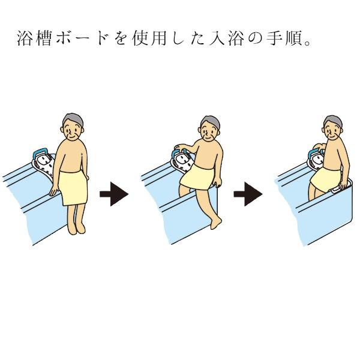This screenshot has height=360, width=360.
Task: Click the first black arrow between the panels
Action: [114, 194]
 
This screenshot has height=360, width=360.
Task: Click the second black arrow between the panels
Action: [248, 194]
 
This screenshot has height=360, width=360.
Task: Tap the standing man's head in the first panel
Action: [73, 127]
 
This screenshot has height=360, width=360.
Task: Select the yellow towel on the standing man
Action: [73, 188]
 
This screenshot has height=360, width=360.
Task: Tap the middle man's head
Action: [210, 128]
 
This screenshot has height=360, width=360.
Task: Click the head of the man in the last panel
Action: [332, 128]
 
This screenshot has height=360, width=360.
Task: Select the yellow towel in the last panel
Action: [326, 179]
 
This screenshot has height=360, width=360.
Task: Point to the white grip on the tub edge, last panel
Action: [341, 188]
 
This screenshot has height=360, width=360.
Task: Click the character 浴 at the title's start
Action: [25, 38]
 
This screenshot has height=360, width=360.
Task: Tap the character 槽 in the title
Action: [44, 38]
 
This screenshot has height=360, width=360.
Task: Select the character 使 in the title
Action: [140, 38]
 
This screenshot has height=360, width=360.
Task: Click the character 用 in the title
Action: [159, 38]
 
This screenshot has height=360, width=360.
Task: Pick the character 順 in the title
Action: [293, 38]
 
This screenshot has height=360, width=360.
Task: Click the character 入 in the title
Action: [217, 38]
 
